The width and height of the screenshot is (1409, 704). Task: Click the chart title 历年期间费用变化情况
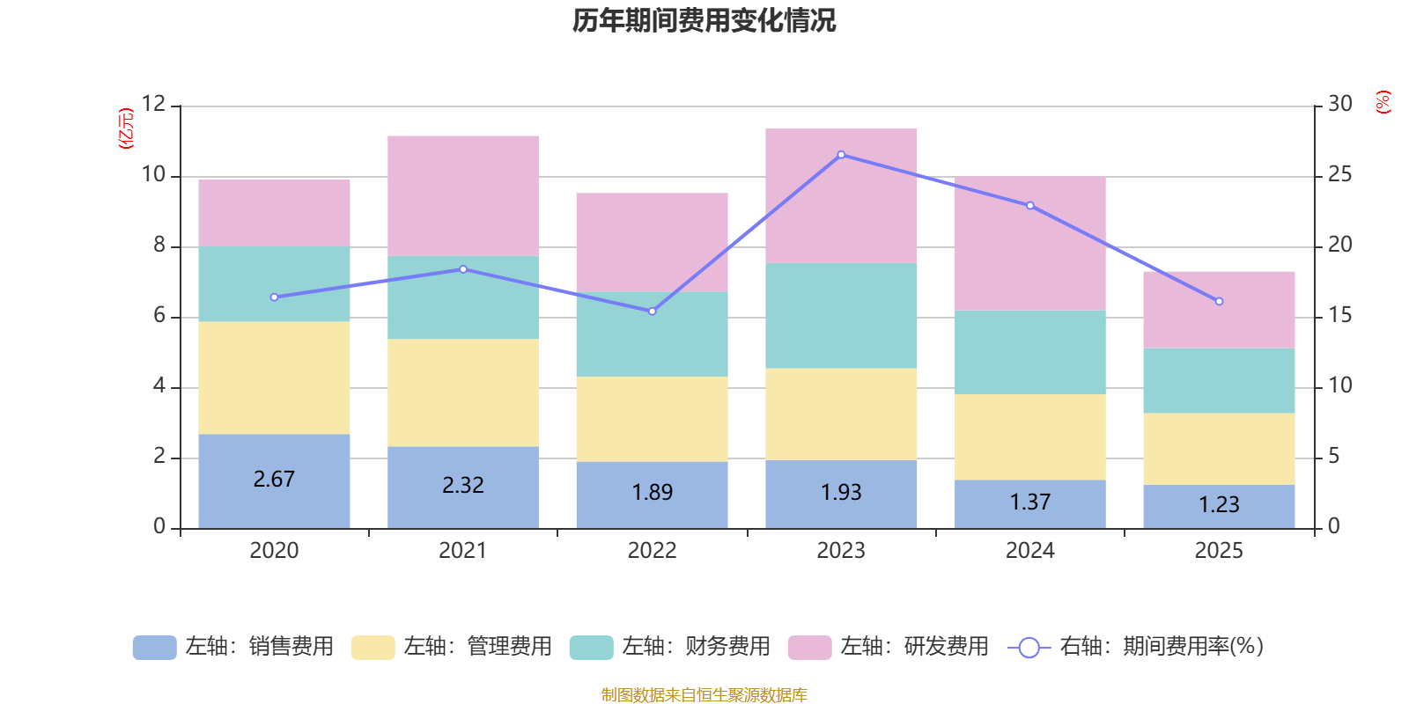704,20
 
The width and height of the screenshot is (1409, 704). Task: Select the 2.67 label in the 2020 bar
274,480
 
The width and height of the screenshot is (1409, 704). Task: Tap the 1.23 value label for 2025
1219,504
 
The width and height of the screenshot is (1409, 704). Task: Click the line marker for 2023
841,155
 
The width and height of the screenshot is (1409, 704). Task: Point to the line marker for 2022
652,312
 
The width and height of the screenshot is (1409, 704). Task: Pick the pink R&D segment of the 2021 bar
463,195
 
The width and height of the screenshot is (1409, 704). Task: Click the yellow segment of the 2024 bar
1030,436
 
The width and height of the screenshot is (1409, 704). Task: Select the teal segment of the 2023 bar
841,315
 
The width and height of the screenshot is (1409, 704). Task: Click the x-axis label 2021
463,551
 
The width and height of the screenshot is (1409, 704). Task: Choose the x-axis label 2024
1030,551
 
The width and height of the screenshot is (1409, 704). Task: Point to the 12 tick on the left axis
153,104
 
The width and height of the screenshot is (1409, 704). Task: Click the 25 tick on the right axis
1339,174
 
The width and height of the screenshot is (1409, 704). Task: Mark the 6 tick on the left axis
159,315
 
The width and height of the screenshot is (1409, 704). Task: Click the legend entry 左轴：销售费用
234,647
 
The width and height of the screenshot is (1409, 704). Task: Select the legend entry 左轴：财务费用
671,647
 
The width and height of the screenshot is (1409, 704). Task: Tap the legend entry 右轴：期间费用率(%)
1136,647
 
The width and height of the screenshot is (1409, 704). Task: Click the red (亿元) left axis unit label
126,128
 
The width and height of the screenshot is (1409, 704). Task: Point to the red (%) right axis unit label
1383,102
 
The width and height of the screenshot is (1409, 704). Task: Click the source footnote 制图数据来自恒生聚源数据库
704,695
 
